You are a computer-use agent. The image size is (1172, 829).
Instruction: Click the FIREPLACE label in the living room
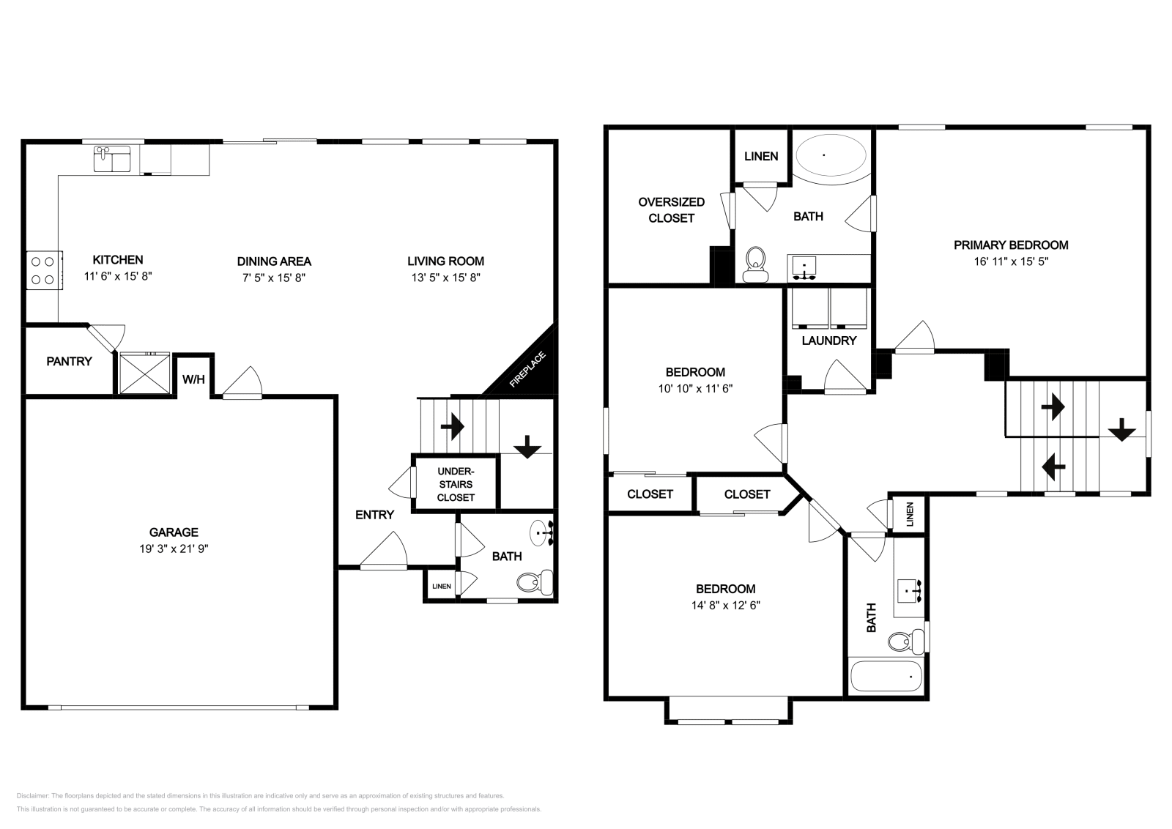tap(528, 369)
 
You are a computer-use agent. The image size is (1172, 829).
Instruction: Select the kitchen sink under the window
tap(111, 159)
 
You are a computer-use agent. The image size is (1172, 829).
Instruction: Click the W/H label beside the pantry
tap(193, 379)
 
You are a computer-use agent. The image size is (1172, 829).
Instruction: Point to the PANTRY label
tap(69, 361)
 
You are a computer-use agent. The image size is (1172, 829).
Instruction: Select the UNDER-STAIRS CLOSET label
tap(456, 484)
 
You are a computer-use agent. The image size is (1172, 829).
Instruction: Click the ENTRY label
tap(374, 515)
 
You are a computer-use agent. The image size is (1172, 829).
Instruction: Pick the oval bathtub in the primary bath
tap(831, 156)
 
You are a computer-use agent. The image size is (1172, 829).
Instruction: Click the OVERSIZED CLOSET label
tap(671, 209)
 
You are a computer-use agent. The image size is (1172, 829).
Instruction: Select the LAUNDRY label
tap(828, 341)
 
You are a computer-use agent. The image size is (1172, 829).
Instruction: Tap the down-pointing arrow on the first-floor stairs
tap(527, 447)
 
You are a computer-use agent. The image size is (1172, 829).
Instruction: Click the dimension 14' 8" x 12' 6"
tap(725, 606)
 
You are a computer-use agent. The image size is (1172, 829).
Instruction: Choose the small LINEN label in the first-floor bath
tap(441, 586)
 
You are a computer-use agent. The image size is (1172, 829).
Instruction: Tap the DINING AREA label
tap(274, 261)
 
